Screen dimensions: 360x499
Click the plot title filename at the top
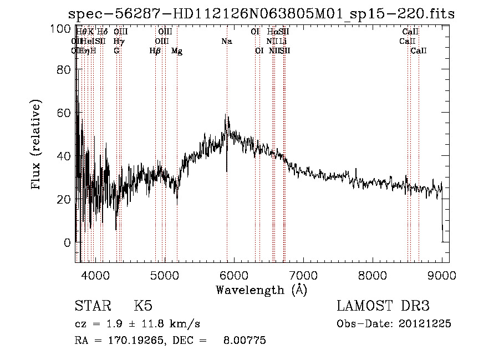[x=261, y=14]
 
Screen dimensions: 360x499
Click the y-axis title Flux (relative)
[x=37, y=146]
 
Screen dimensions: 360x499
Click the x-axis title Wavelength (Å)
[x=261, y=290]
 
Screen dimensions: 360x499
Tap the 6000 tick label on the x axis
[x=233, y=275]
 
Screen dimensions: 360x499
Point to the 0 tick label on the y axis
[x=67, y=242]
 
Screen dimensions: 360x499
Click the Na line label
[x=227, y=41]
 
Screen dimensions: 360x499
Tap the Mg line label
[x=177, y=51]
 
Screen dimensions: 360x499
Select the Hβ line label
[x=155, y=51]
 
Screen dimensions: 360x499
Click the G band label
[x=116, y=51]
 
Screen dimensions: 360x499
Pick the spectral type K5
[x=143, y=306]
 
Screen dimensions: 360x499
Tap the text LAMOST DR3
[x=383, y=306]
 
